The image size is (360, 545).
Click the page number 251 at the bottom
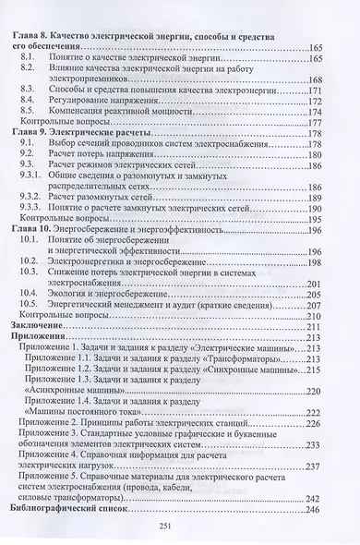(x=181, y=525)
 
